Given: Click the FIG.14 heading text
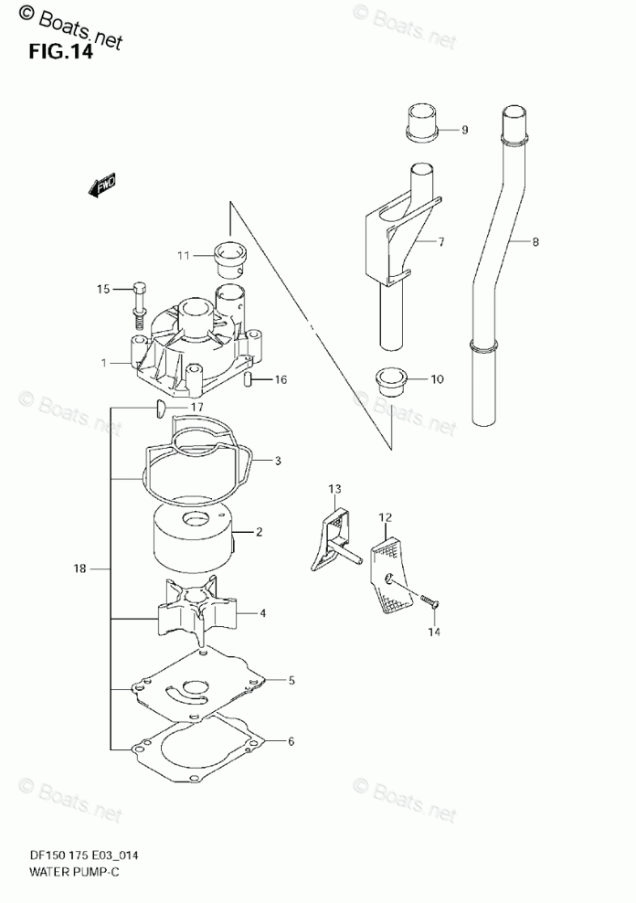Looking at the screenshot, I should tap(60, 52).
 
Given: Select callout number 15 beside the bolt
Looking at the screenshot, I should tap(103, 290).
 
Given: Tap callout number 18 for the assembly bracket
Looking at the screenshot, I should tap(79, 569).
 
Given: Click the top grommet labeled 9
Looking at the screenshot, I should tap(421, 124).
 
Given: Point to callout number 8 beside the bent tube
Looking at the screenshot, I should tap(535, 242).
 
